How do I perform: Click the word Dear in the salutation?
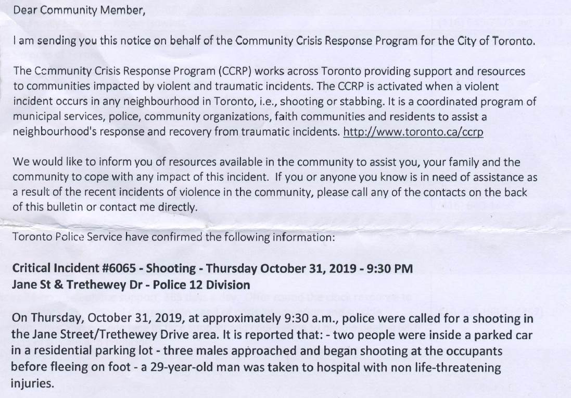[x=23, y=11]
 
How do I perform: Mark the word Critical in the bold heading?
[x=32, y=269]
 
